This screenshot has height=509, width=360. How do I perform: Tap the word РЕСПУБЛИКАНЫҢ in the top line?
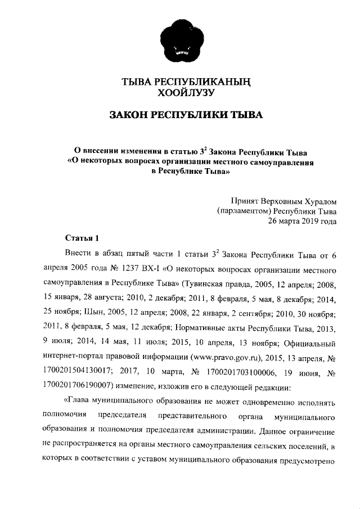coord(204,83)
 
